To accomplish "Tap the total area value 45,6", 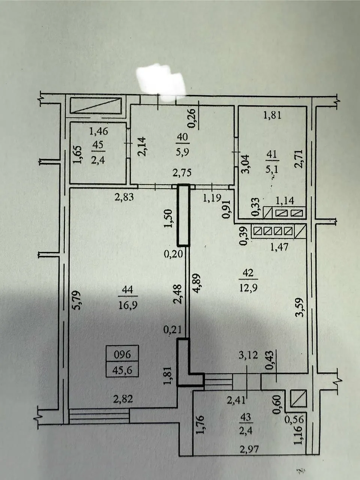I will point(122,370).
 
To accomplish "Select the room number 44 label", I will point(127,289).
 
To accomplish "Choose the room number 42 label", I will point(248,273).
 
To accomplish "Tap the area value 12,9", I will point(248,288).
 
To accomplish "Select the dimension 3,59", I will point(299,307).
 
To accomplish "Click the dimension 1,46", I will point(99,131).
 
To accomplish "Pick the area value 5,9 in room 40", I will point(183,151).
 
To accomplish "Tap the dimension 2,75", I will point(182,173).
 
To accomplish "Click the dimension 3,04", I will point(246,164).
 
